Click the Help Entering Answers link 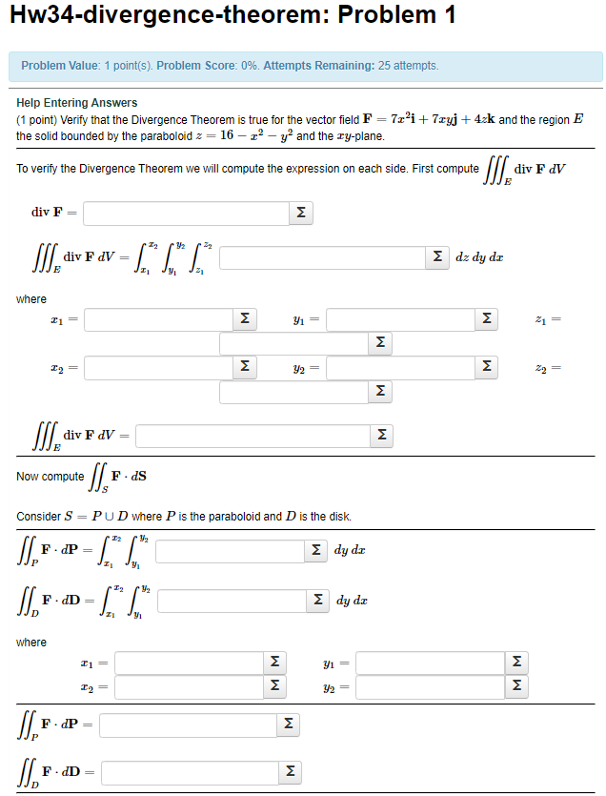[77, 103]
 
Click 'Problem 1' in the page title [396, 16]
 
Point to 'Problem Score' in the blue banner [194, 66]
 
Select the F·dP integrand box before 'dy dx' [232, 551]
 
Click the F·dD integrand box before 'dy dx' [234, 602]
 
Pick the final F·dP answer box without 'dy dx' [187, 726]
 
